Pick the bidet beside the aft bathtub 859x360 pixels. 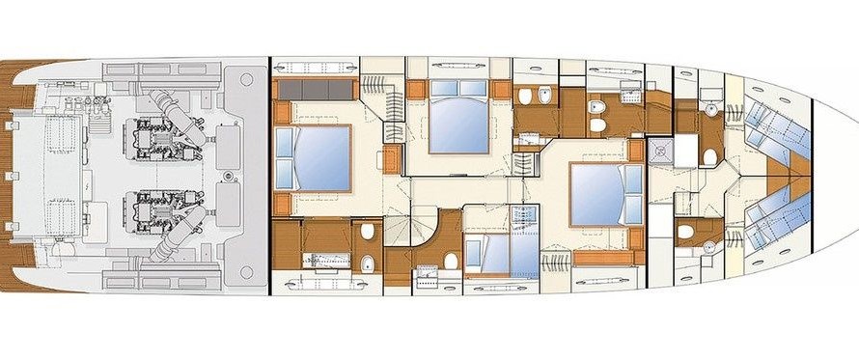coord(369,263)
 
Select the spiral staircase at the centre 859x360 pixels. coord(405,232)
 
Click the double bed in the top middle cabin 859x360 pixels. coord(457,121)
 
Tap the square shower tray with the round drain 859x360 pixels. coord(661,148)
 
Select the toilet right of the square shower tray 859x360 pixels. coord(709,156)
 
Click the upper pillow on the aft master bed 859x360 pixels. coord(287,141)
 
